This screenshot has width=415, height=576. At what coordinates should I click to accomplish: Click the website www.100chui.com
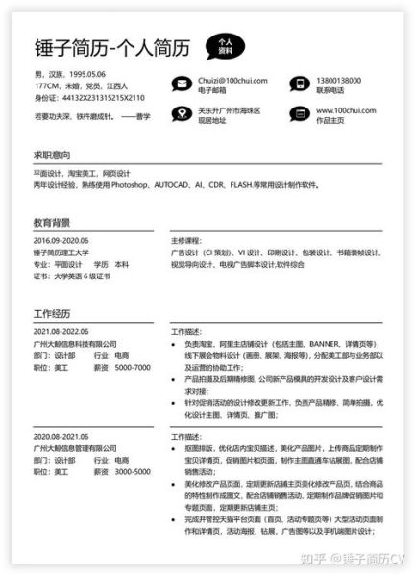(x=345, y=111)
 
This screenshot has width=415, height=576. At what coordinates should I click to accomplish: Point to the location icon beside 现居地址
(x=180, y=116)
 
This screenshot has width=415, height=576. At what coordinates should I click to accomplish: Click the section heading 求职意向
(x=53, y=154)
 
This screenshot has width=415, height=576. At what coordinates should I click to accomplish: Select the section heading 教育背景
(x=53, y=221)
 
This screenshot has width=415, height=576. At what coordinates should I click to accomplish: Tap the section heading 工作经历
(x=53, y=314)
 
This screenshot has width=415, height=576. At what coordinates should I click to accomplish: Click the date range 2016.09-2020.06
(x=61, y=240)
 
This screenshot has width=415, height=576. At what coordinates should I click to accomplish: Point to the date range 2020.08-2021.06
(x=61, y=436)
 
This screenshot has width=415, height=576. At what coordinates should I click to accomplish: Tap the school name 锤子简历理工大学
(x=61, y=252)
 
